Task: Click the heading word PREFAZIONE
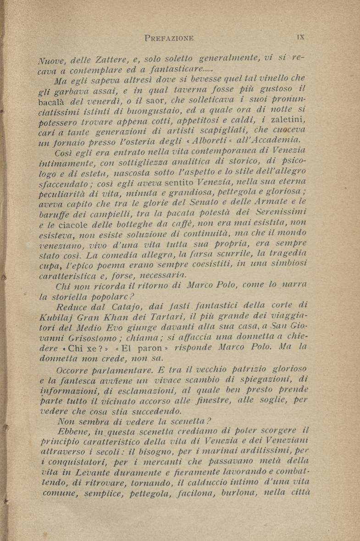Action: pos(169,38)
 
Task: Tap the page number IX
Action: pos(300,36)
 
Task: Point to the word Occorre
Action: pos(74,370)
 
